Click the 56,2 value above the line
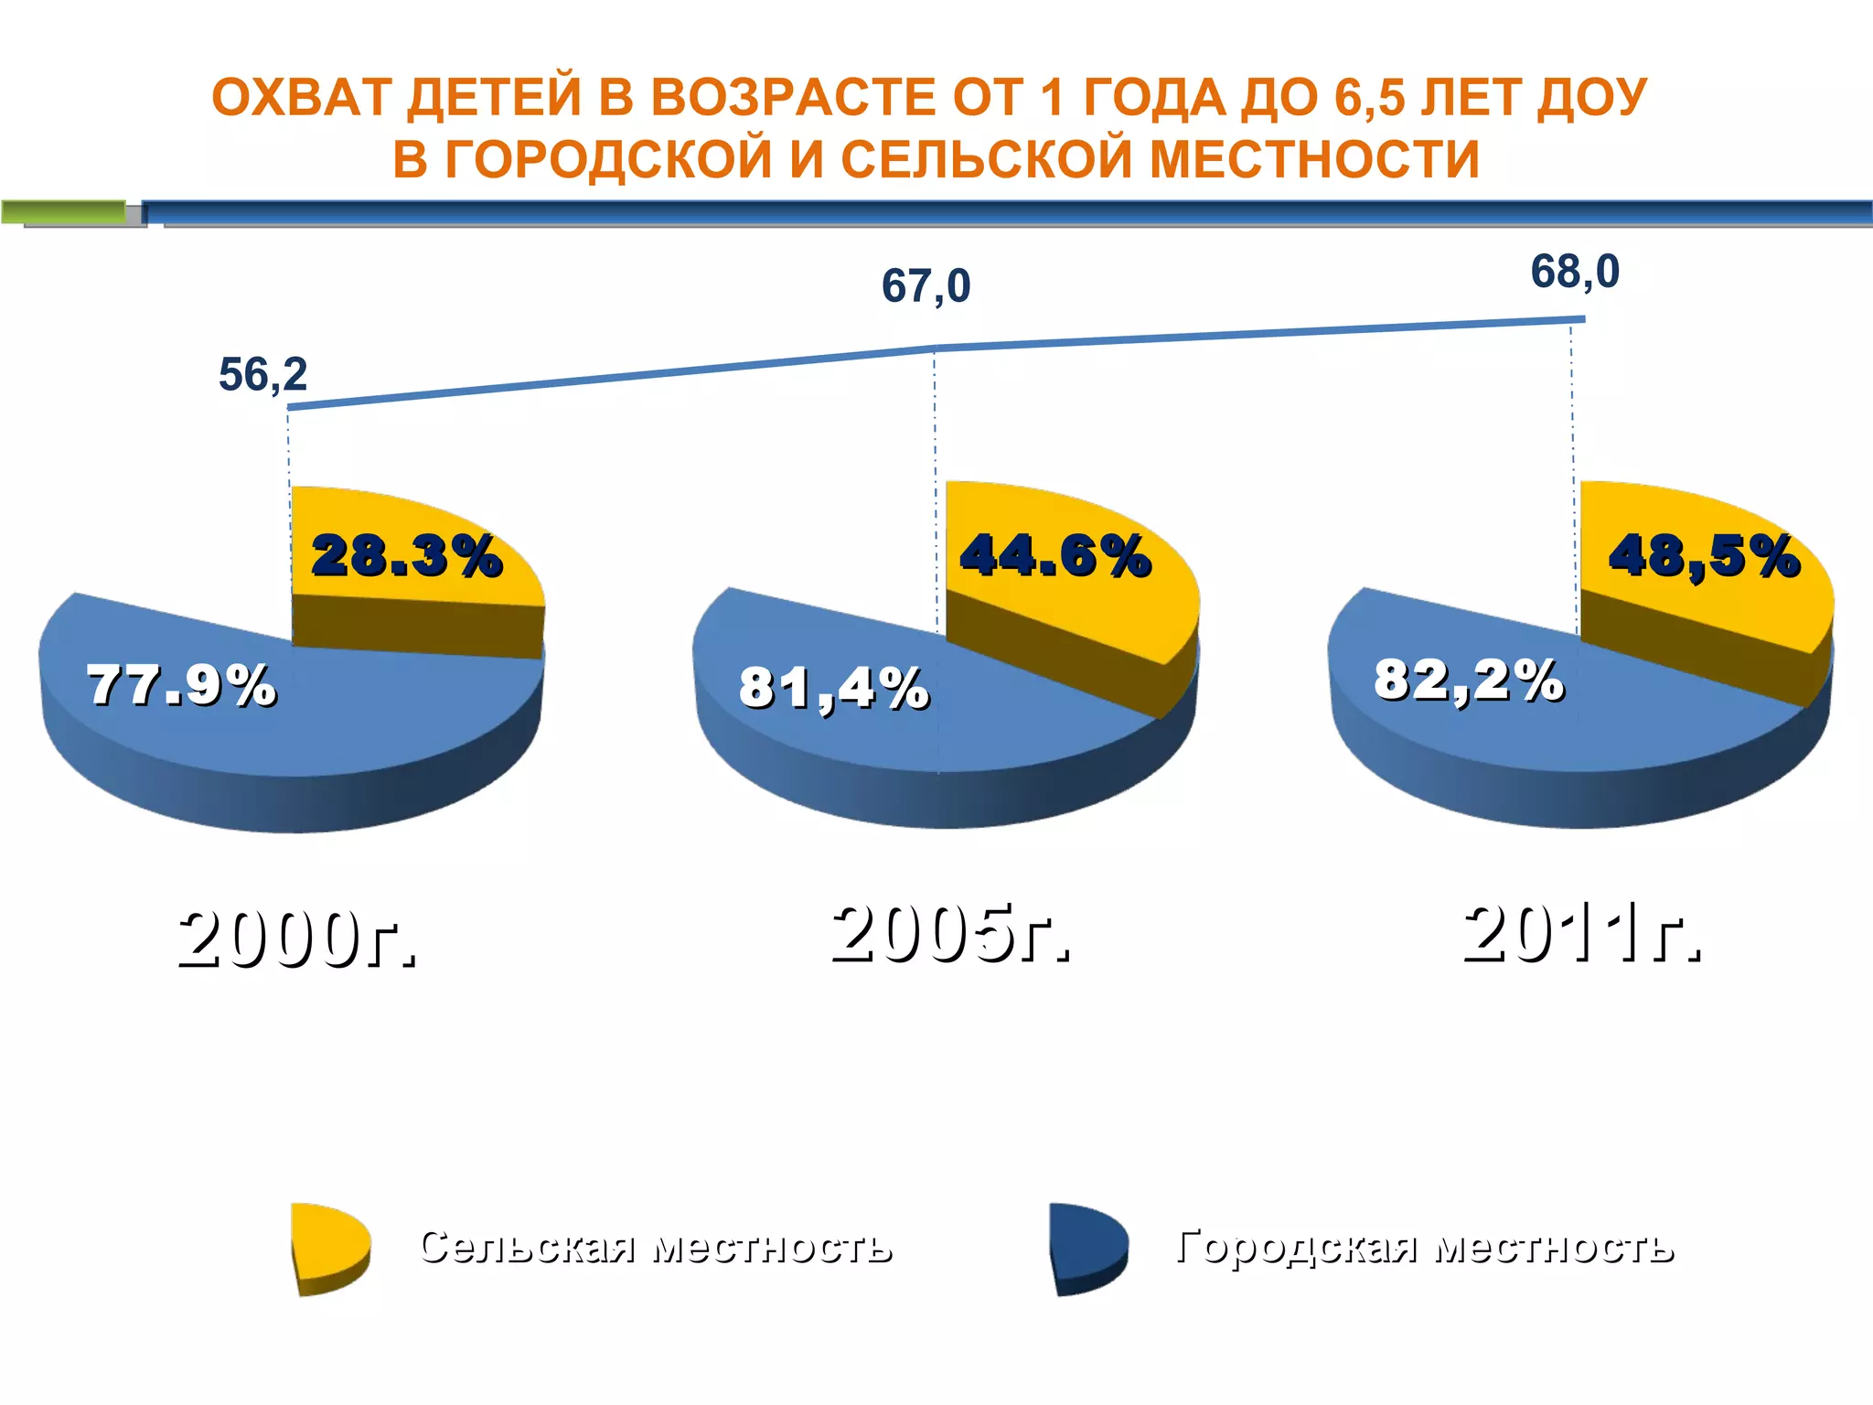point(262,375)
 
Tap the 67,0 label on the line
point(926,286)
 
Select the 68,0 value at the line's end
point(1575,273)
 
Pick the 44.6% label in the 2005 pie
point(1055,555)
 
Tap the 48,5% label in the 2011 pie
point(1705,555)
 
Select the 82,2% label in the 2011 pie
point(1469,681)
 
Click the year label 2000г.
point(298,939)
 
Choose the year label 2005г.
point(950,934)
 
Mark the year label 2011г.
point(1582,934)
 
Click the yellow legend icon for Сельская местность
point(329,1247)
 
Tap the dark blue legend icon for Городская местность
point(1087,1247)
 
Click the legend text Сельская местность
point(656,1247)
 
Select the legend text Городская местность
point(1425,1247)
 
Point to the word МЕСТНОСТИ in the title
point(1314,159)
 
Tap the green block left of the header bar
point(64,212)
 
